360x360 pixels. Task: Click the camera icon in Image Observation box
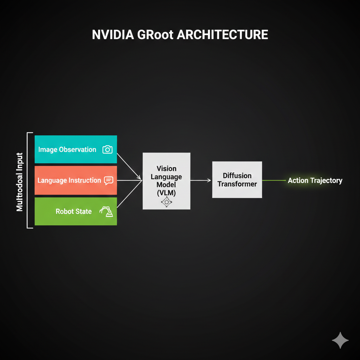(107, 149)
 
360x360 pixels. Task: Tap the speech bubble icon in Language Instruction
(109, 180)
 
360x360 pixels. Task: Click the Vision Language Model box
(166, 181)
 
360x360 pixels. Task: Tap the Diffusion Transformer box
(237, 180)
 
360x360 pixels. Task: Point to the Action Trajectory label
(315, 180)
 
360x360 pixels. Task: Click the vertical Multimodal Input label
(20, 182)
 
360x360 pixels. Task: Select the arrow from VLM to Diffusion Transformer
(201, 180)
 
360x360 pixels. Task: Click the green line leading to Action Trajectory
(274, 180)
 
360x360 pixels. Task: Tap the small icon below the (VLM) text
(165, 201)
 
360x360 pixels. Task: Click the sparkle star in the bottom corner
(340, 340)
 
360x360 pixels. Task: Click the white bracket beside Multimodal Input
(28, 180)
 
